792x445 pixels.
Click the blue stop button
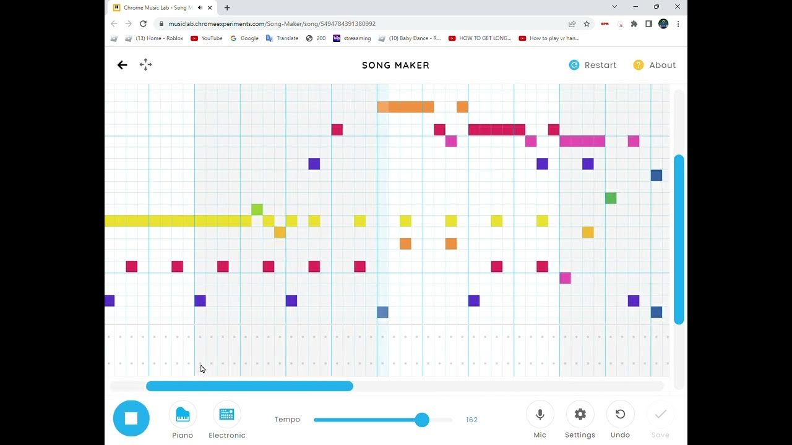[131, 418]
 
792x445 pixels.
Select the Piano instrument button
[183, 415]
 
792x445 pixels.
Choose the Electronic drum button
[226, 415]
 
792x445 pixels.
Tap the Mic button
[540, 415]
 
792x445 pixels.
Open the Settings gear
[580, 415]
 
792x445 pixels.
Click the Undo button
[620, 415]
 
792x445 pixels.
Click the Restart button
[592, 65]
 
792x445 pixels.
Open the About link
[654, 65]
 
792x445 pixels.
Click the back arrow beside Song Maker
[122, 65]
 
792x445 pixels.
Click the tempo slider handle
[422, 420]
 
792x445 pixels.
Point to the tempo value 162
[471, 420]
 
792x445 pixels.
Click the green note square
[611, 198]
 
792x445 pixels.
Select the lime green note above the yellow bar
[257, 210]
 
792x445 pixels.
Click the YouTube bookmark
[207, 38]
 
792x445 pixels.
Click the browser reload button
[143, 23]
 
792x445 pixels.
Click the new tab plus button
[227, 7]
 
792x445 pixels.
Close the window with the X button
[677, 7]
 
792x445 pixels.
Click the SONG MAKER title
[395, 65]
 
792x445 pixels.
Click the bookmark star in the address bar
[587, 23]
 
